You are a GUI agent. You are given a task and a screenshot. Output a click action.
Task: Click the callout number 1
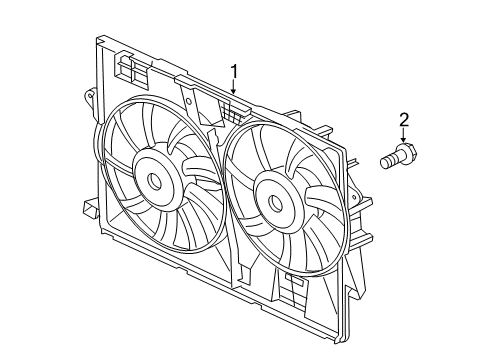(234, 71)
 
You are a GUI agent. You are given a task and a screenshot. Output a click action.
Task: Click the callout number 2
(404, 122)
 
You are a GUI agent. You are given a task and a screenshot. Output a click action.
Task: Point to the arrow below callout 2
(404, 141)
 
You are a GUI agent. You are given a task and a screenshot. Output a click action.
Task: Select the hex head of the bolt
(406, 156)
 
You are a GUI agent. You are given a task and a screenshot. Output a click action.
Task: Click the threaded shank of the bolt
(389, 160)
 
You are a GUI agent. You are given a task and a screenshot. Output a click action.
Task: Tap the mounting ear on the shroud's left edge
(87, 100)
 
